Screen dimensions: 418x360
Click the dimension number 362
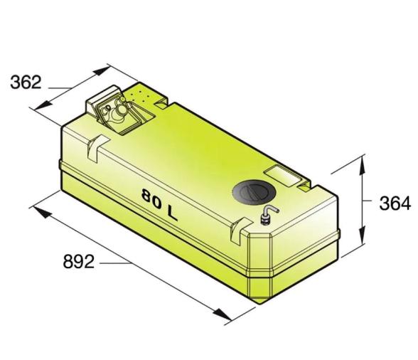[x=26, y=83]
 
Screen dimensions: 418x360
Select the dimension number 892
[x=79, y=262]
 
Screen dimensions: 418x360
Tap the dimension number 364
[x=395, y=203]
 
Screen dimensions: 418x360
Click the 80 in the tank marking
[x=151, y=198]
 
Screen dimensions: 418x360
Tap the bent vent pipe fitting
[x=269, y=215]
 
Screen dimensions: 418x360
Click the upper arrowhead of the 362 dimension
[x=102, y=70]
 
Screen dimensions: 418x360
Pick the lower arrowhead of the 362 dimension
[x=43, y=105]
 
